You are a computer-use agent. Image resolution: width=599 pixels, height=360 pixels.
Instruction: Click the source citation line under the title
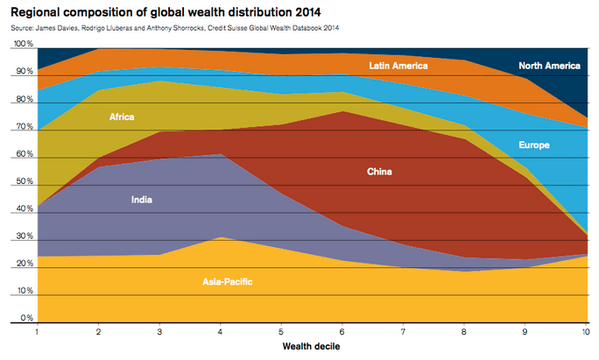pos(175,28)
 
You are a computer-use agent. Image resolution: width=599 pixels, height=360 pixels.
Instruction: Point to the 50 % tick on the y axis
pos(24,182)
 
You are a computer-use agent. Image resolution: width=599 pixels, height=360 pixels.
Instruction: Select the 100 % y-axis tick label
pos(23,45)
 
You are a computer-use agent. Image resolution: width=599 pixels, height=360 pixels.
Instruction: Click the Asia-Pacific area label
pos(231,282)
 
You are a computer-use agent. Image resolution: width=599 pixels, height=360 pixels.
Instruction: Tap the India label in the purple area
pos(141,200)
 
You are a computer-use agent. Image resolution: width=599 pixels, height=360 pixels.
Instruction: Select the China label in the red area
pos(379,172)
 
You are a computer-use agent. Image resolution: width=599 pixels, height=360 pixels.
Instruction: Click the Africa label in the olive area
pos(122,116)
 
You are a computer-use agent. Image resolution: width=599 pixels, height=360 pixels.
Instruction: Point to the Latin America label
pos(398,66)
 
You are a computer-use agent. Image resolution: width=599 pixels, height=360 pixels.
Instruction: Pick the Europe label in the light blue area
pos(533,145)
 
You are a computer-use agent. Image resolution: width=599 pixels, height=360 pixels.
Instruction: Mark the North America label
pos(548,66)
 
